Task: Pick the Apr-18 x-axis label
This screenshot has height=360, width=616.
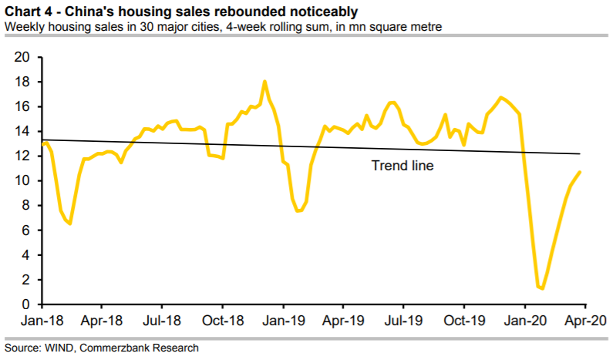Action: pos(102,320)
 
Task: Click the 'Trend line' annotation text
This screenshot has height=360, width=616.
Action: pos(402,164)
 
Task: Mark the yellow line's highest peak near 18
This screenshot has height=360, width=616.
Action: pos(264,81)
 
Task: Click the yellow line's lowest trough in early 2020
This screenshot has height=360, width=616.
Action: pos(543,289)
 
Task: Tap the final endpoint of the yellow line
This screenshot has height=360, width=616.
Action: pos(580,172)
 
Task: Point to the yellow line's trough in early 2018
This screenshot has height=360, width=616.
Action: pos(70,224)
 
